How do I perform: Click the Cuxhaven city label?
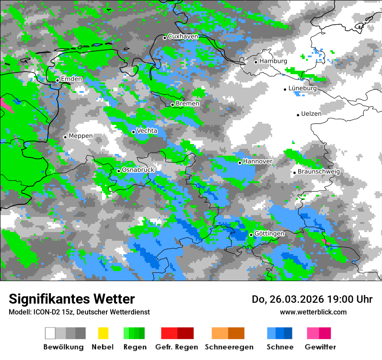[183, 36]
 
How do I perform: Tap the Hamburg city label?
[273, 61]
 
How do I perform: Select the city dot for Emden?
[57, 80]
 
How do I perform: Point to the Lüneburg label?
[303, 88]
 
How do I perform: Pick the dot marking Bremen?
[172, 105]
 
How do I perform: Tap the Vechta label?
[147, 131]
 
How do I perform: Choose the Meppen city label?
[81, 136]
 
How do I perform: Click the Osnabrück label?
[138, 170]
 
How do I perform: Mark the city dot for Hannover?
[240, 163]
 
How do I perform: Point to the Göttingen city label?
[269, 234]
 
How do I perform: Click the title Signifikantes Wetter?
[72, 299]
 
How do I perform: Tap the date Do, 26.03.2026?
[289, 299]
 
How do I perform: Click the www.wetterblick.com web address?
[313, 312]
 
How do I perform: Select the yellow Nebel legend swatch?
[103, 333]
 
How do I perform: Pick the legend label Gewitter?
[320, 347]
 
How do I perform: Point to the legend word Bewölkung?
[63, 347]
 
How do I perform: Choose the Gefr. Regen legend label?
[177, 347]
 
